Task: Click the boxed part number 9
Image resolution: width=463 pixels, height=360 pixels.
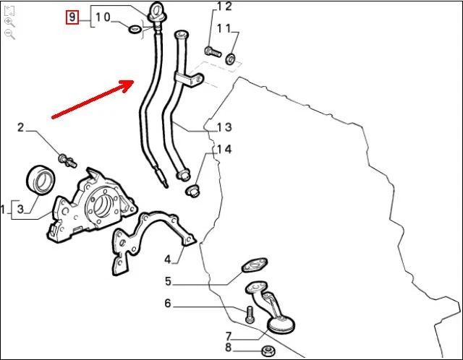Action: coord(72,16)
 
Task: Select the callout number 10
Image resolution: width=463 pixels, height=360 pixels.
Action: coord(103,17)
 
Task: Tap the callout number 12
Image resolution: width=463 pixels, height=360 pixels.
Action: coord(224,7)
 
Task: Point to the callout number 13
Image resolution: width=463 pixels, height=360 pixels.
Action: coord(224,127)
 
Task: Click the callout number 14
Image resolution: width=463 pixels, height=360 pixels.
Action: coord(224,150)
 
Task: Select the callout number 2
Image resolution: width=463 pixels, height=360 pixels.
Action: coord(21,128)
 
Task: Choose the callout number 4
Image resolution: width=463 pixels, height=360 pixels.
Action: coord(167,259)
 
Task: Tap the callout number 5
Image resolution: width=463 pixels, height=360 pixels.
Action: coord(167,281)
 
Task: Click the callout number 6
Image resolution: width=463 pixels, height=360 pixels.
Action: coord(167,304)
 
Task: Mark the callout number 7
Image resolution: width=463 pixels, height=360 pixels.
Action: coord(228,336)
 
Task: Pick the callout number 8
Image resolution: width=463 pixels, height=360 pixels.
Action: coord(228,348)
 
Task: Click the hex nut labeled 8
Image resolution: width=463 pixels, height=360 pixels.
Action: coord(266,351)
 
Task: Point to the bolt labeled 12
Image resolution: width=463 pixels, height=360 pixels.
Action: coord(211,51)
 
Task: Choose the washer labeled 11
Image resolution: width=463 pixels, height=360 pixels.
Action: coord(230,59)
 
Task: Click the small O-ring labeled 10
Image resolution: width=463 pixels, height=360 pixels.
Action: coord(135,30)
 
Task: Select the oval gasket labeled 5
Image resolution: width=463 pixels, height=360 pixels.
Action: coord(254,265)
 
